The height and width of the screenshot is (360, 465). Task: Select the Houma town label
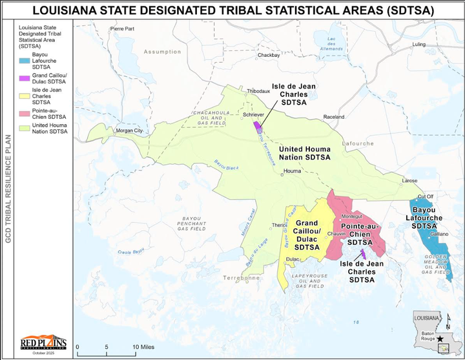(x=293, y=171)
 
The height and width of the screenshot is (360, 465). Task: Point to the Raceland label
(x=334, y=117)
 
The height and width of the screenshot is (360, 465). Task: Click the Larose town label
(x=409, y=181)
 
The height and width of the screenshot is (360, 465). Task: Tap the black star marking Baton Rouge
(x=440, y=338)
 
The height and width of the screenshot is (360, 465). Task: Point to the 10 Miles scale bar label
(x=143, y=347)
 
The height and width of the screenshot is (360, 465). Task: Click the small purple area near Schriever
(x=257, y=124)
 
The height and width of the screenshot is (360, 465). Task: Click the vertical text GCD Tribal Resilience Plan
(x=8, y=187)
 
